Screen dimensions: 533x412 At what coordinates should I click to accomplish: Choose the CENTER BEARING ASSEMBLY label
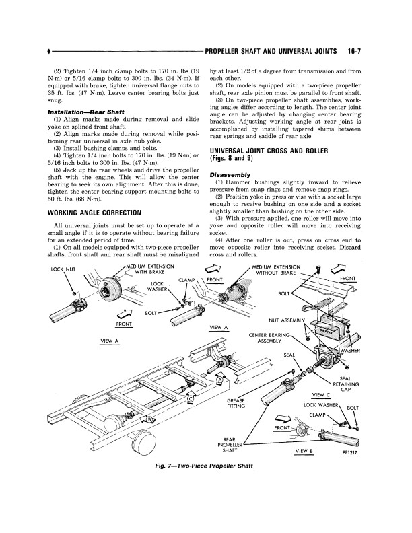click(x=270, y=337)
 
